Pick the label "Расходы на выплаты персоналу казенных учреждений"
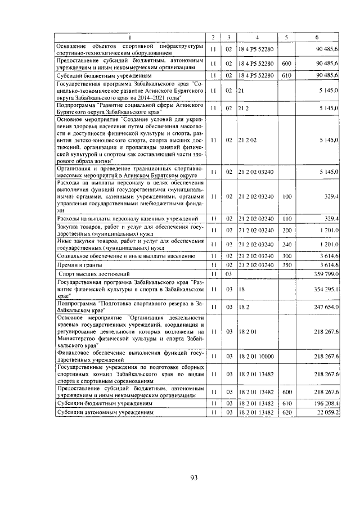127,218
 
